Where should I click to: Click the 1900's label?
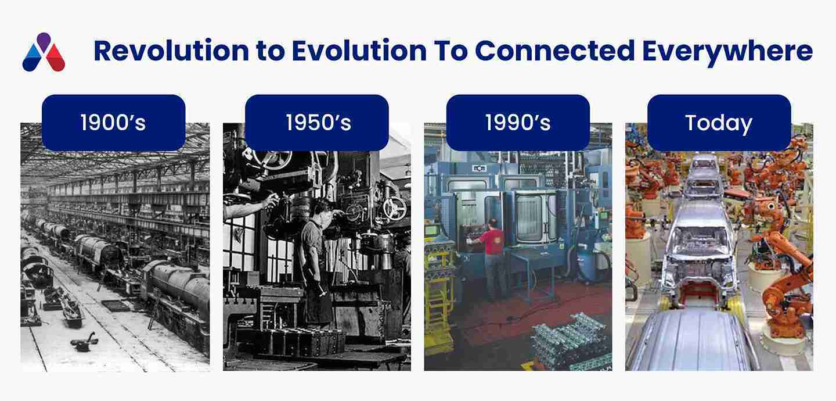tap(113, 123)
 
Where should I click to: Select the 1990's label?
tap(518, 123)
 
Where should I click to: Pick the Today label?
tap(719, 123)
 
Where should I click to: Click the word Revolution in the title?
tap(171, 51)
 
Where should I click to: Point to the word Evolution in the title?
tap(359, 51)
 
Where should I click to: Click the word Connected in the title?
tap(555, 51)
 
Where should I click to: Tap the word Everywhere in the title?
tap(727, 52)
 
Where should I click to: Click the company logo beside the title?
tap(44, 52)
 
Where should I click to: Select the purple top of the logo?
tap(44, 41)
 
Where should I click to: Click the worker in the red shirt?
tap(492, 258)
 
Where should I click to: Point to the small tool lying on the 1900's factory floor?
tap(85, 342)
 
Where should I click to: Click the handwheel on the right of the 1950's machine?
tap(395, 207)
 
